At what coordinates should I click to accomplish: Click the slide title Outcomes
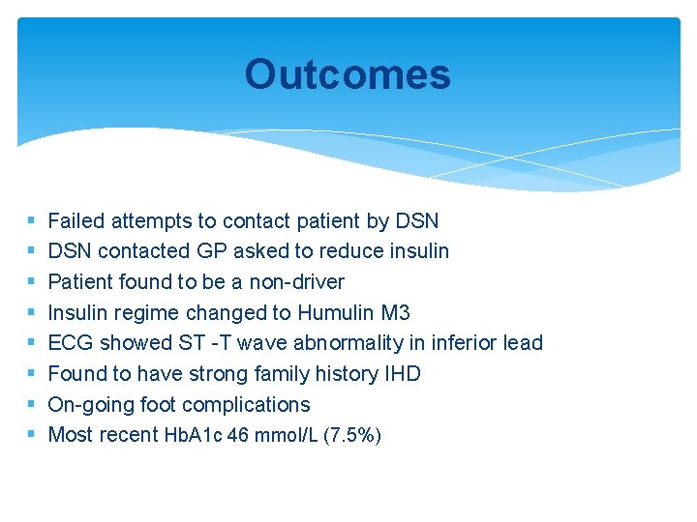pyautogui.click(x=347, y=74)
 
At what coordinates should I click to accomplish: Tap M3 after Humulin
pyautogui.click(x=396, y=312)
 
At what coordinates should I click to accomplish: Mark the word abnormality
pyautogui.click(x=348, y=343)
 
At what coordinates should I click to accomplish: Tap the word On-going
pyautogui.click(x=89, y=404)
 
